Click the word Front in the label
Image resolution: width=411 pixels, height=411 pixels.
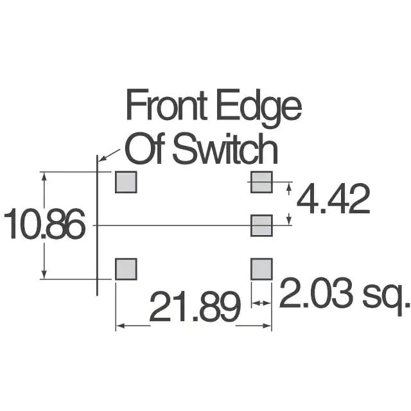click(x=166, y=107)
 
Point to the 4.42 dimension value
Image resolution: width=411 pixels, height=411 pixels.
click(x=333, y=200)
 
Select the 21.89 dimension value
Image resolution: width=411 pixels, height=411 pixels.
click(x=194, y=308)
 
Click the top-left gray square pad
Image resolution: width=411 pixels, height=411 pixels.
click(x=126, y=182)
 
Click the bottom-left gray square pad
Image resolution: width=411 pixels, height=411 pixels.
click(x=126, y=269)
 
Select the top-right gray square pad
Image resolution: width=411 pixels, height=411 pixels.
click(x=261, y=182)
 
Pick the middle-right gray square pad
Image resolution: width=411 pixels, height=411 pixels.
click(x=261, y=225)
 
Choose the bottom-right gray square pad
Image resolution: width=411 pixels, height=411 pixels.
click(x=261, y=269)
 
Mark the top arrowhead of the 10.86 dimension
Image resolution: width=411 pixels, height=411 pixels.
click(x=44, y=176)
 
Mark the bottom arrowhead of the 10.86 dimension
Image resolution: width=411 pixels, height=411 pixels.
click(x=44, y=275)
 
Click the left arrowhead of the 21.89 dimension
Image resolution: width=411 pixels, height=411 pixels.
click(x=119, y=326)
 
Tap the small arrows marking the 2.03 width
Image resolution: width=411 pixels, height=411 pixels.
click(x=261, y=302)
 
